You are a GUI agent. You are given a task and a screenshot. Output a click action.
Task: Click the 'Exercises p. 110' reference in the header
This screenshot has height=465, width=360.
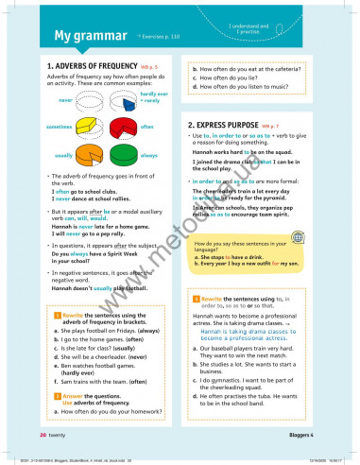[x=159, y=37]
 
